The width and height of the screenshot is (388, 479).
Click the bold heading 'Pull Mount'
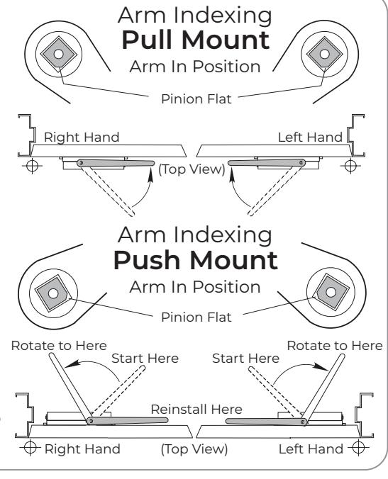tap(196, 40)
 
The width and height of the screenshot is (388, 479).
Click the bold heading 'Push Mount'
tap(196, 261)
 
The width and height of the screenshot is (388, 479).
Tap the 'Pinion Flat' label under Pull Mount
tap(196, 99)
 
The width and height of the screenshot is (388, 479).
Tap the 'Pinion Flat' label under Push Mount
tap(196, 317)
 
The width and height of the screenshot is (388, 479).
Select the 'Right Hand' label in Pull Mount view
tap(82, 137)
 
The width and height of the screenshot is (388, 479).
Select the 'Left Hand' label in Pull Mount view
tap(310, 137)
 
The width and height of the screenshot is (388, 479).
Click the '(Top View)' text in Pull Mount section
tap(192, 169)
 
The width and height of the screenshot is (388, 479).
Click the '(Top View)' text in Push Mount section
tap(194, 449)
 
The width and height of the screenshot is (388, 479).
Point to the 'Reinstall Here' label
tap(196, 410)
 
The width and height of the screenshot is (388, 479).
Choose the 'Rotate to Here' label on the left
tap(59, 346)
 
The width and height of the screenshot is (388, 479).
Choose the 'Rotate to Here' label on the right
tap(335, 346)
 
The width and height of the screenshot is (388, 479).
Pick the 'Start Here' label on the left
tap(145, 359)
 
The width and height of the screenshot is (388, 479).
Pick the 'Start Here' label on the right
tap(246, 359)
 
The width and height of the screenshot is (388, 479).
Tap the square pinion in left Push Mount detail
tap(53, 293)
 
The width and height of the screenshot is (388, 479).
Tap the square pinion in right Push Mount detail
tap(331, 292)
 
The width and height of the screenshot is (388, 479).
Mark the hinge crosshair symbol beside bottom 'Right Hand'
tap(30, 448)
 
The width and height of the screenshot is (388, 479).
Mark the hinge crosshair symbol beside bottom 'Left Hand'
tap(358, 448)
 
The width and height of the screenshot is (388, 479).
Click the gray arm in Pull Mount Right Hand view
tap(116, 163)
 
